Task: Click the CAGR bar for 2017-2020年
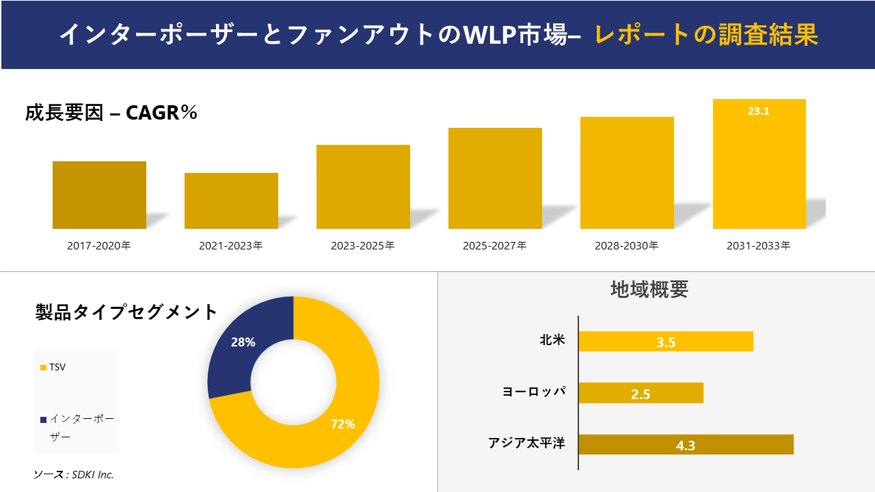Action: pos(99,195)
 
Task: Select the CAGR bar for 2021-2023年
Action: pos(231,201)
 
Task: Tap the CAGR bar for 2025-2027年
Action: pos(495,178)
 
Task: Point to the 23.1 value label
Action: pos(759,111)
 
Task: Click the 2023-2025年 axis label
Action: pos(362,245)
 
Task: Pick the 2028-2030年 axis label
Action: pos(627,245)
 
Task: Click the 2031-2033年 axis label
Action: pos(759,245)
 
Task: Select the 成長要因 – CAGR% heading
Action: pos(111,113)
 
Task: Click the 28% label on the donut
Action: pos(243,342)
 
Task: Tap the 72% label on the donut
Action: pos(342,424)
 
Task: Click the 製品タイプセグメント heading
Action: pos(126,312)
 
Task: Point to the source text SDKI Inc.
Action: pos(74,474)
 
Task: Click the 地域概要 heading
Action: pos(649,289)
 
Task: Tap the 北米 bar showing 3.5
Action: pos(665,342)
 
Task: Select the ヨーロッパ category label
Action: pos(534,392)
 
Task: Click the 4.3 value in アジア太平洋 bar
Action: pos(685,446)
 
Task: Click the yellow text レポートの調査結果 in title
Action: pos(705,34)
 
